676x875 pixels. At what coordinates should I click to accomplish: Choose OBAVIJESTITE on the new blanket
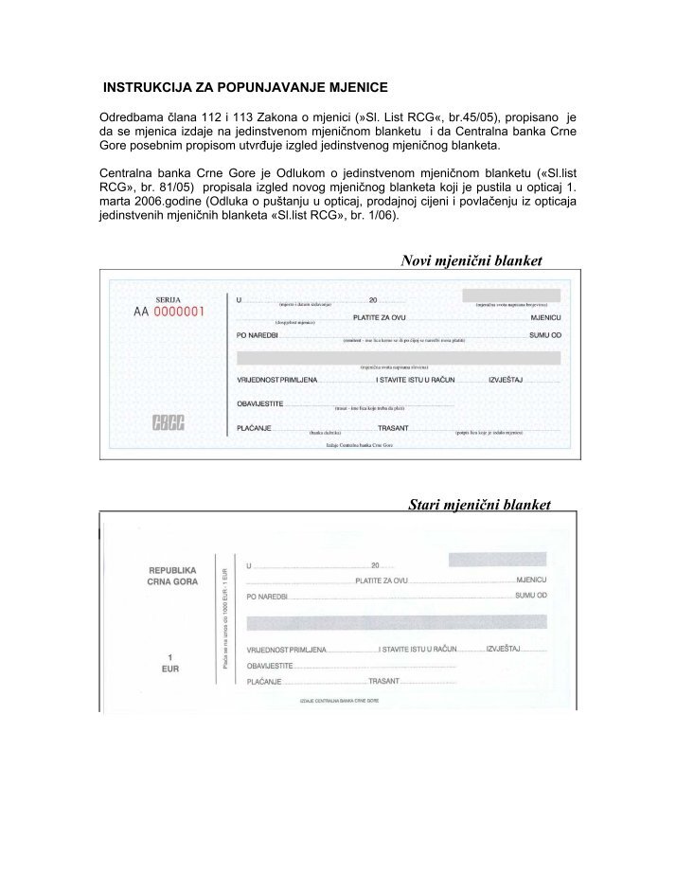point(260,403)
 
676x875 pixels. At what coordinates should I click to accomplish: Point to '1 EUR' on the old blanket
point(169,662)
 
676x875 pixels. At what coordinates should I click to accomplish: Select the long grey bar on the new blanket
point(398,357)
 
